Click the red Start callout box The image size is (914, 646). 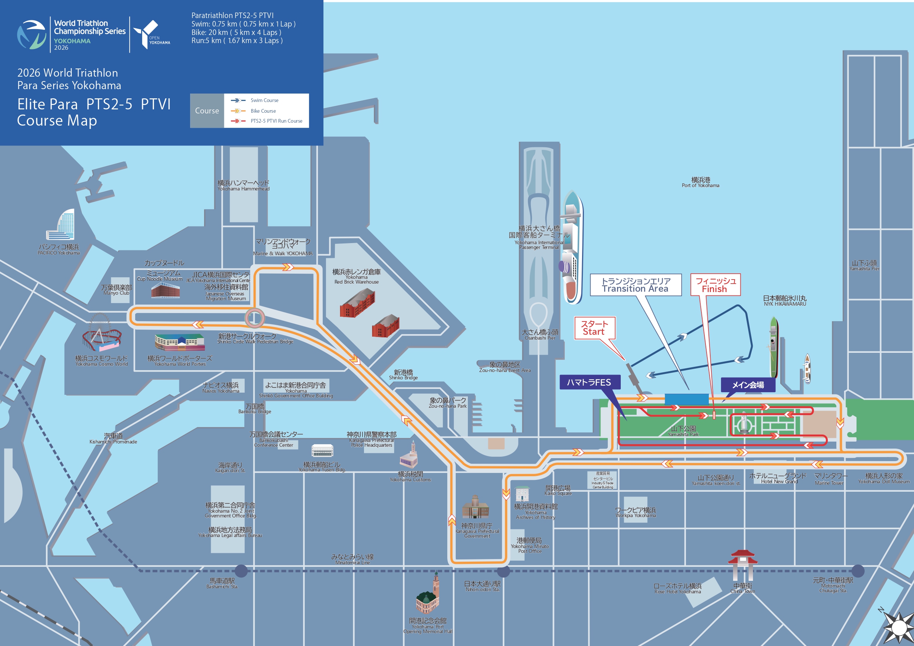tap(594, 328)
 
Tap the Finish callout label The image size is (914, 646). tap(715, 285)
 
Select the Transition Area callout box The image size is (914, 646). tap(635, 285)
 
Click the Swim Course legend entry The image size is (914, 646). tap(265, 100)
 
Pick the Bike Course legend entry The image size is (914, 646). tap(263, 111)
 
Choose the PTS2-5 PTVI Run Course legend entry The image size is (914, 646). tap(276, 121)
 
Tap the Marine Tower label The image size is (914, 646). tap(830, 479)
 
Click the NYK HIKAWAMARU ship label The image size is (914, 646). tap(785, 301)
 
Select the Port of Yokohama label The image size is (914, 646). tap(700, 182)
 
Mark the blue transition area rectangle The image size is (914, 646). tap(686, 399)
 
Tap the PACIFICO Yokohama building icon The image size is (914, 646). tap(62, 225)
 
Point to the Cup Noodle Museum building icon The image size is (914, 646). tap(165, 290)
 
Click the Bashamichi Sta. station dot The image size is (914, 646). tap(241, 571)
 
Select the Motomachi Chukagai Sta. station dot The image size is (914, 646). tap(858, 571)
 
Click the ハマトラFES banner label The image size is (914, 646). tap(589, 383)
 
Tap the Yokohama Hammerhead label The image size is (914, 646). tap(243, 186)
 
